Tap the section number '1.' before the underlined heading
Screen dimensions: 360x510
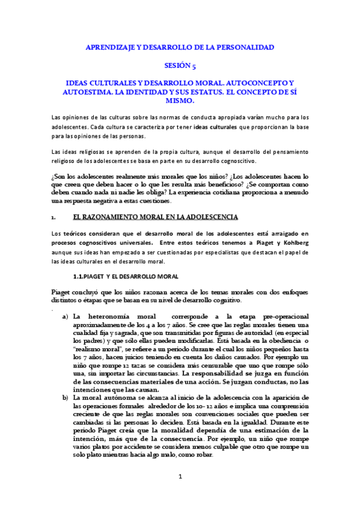[53, 217]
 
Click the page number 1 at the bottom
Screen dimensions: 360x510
[180, 494]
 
